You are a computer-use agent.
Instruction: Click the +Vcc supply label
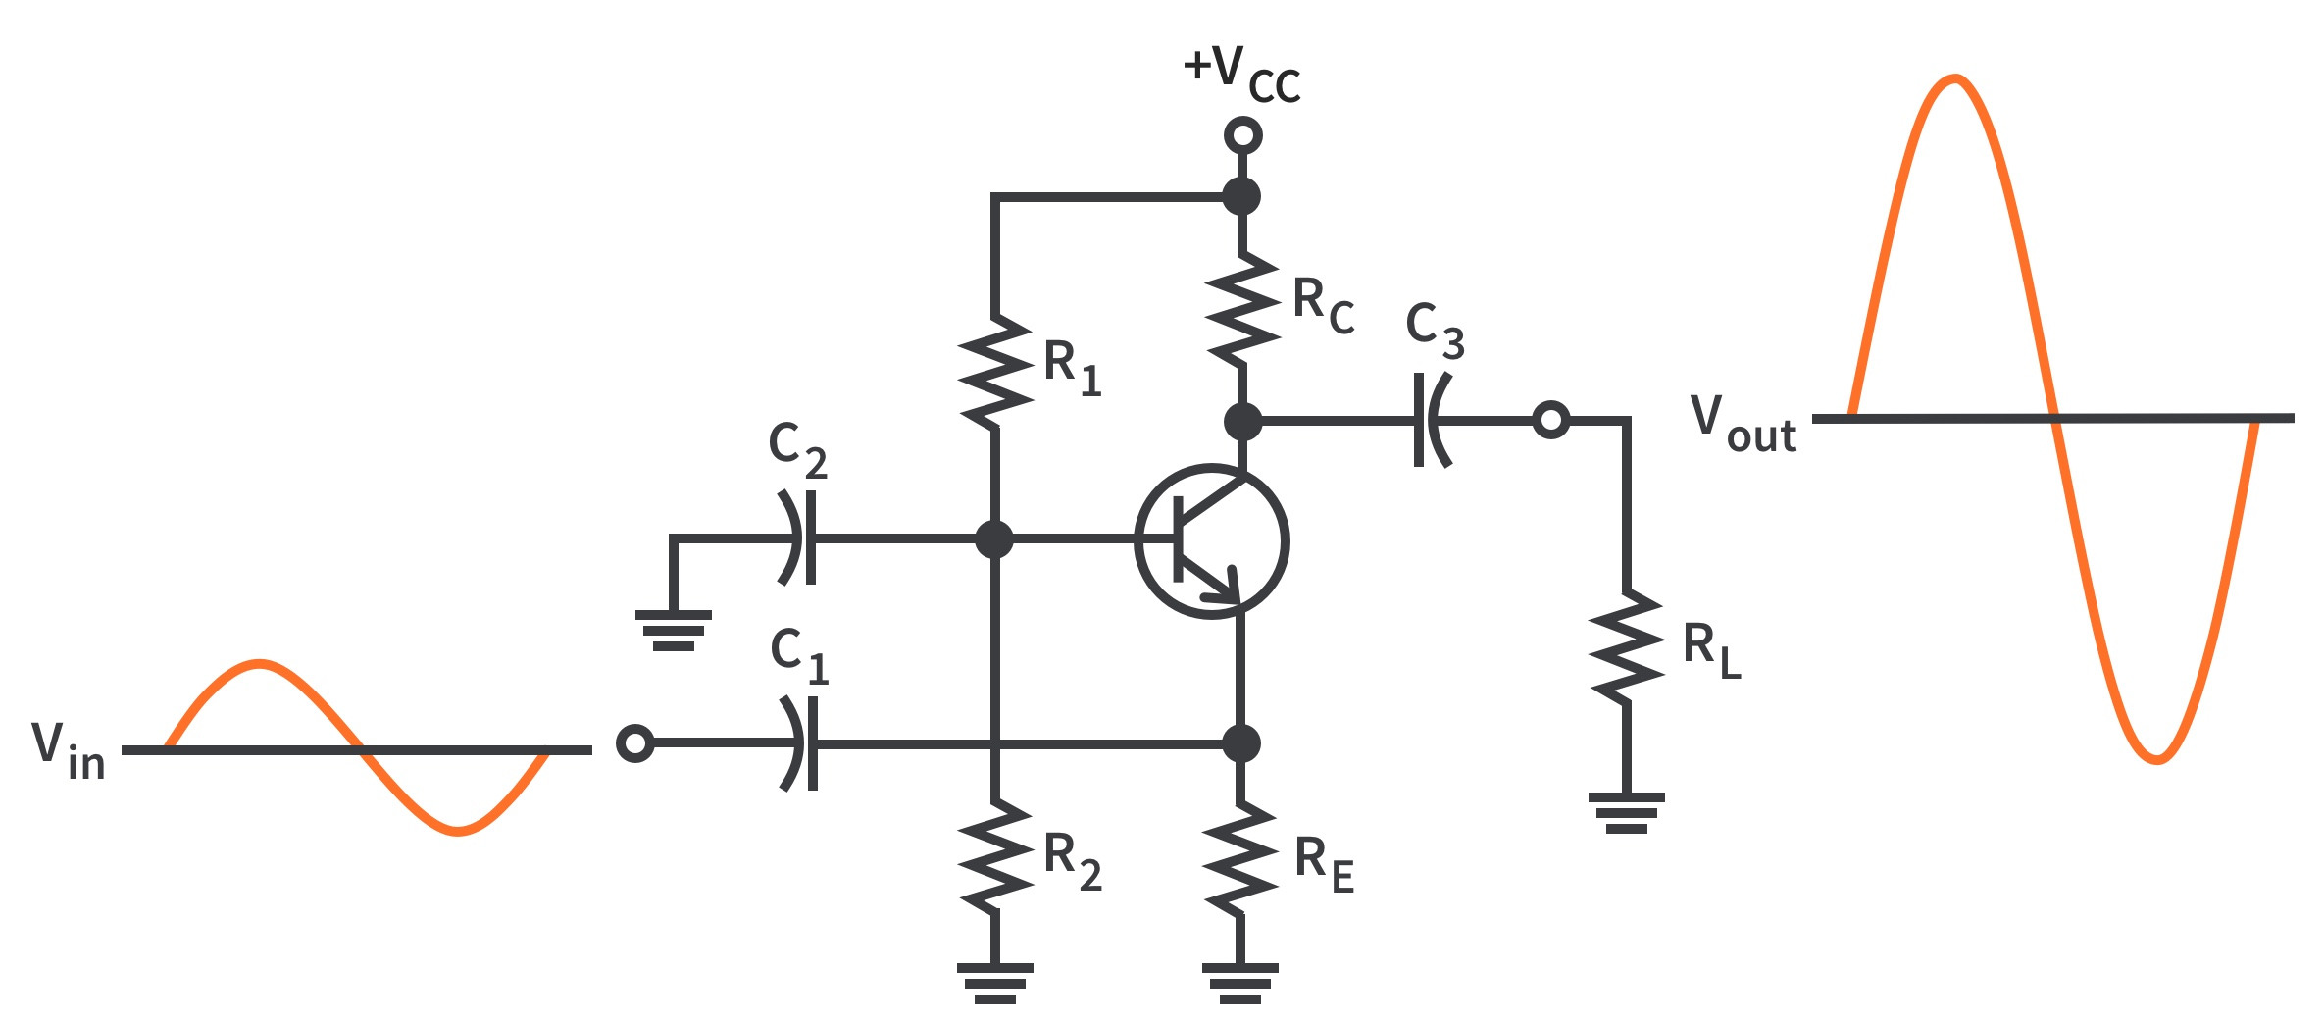click(1241, 73)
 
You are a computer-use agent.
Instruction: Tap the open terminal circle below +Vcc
click(1242, 135)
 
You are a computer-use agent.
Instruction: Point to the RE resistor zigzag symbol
click(1241, 859)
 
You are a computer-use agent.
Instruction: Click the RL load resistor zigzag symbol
click(1627, 646)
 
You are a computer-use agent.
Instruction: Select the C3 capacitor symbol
click(1432, 420)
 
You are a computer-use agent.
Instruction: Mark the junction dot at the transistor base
click(994, 538)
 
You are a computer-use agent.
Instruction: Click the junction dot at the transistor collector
click(1242, 422)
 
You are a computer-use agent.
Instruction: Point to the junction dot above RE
click(1241, 743)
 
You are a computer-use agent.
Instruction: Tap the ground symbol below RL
click(1627, 812)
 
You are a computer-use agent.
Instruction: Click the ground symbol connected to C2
click(674, 631)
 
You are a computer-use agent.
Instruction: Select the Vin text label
click(68, 750)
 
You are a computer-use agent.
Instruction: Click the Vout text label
click(1743, 424)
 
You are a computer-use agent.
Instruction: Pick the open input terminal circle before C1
click(635, 743)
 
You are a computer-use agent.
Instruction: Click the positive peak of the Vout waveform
click(1955, 79)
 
